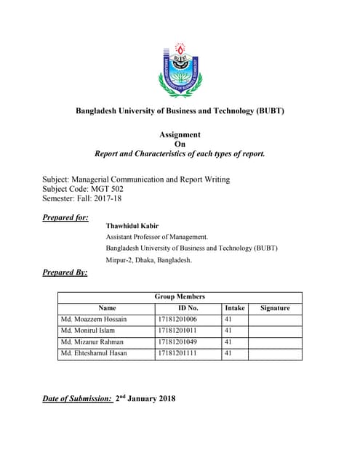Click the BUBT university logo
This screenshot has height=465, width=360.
pyautogui.click(x=180, y=70)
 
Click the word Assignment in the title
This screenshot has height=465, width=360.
pyautogui.click(x=180, y=134)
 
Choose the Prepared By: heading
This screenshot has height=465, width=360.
pyautogui.click(x=65, y=272)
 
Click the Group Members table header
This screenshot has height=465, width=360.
pyautogui.click(x=180, y=296)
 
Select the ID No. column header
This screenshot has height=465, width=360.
pyautogui.click(x=188, y=308)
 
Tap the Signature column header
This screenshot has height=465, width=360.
pyautogui.click(x=274, y=308)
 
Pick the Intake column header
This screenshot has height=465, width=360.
pyautogui.click(x=235, y=308)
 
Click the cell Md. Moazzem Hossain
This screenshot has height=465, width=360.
pyautogui.click(x=94, y=319)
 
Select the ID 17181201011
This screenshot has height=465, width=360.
pyautogui.click(x=177, y=331)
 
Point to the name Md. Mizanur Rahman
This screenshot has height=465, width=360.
pyautogui.click(x=92, y=341)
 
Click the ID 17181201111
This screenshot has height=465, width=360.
pyautogui.click(x=177, y=353)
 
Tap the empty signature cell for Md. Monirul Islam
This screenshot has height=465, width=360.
pyautogui.click(x=274, y=331)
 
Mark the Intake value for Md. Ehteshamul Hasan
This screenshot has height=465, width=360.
pyautogui.click(x=228, y=353)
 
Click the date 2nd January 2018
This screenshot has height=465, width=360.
pyautogui.click(x=145, y=399)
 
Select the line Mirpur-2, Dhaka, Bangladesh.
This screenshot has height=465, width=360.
pyautogui.click(x=149, y=259)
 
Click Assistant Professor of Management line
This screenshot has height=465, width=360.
pyautogui.click(x=157, y=237)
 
